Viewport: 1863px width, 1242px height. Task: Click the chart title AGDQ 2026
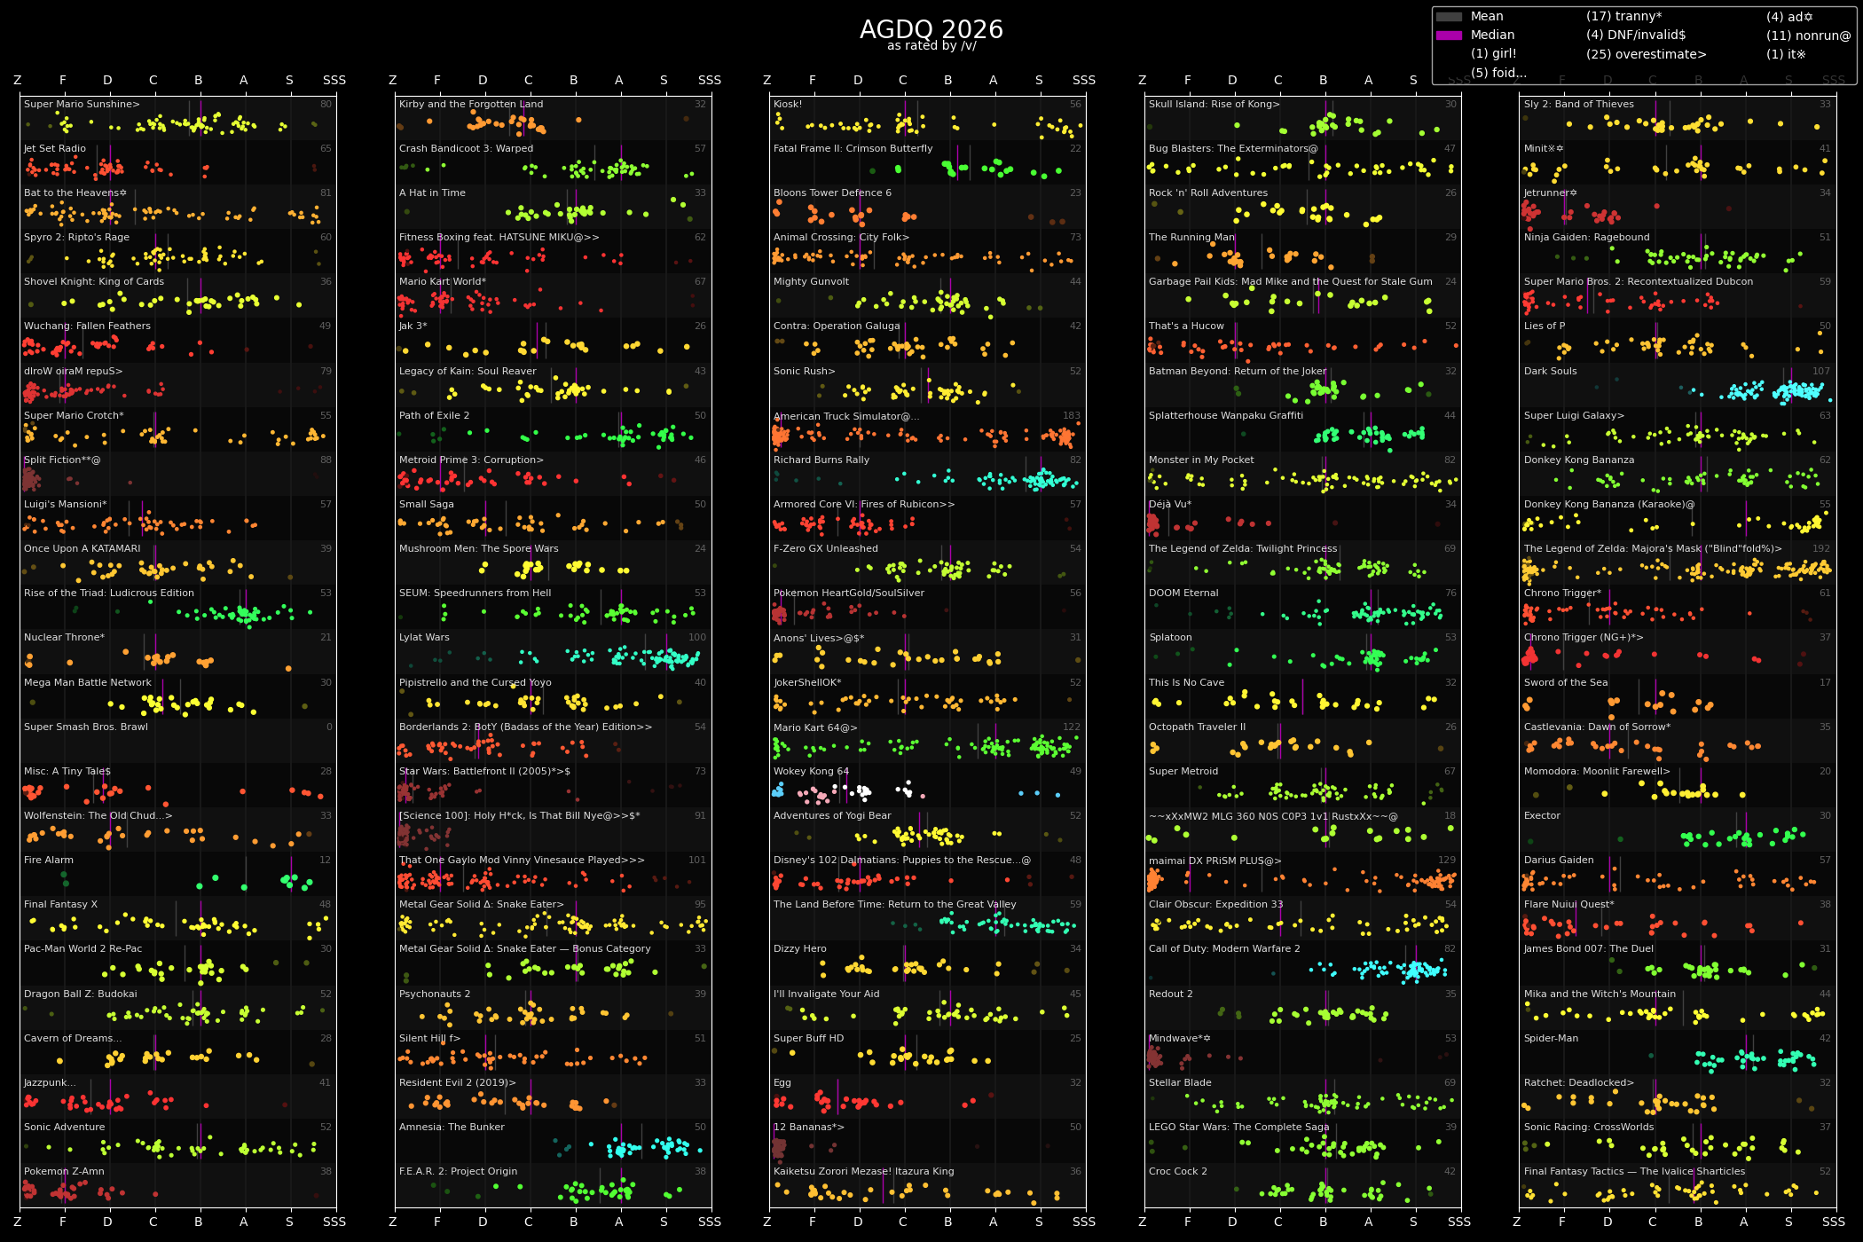931,30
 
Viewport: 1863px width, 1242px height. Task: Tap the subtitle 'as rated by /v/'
931,46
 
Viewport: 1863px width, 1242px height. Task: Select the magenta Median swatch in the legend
1449,35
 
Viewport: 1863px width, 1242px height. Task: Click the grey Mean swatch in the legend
1449,17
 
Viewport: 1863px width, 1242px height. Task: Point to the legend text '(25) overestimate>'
1646,54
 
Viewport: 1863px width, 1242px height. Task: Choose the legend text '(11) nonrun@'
1808,35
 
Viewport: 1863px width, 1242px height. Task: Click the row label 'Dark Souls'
1550,372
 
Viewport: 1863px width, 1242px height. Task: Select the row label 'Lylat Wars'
424,638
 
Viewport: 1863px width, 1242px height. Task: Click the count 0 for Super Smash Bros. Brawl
329,727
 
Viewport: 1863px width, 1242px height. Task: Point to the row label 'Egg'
782,1083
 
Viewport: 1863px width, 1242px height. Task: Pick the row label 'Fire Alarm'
49,861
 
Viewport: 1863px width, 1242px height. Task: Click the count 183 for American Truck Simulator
1072,416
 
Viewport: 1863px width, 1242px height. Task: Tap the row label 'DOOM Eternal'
1183,593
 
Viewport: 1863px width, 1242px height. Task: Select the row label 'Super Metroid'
1183,772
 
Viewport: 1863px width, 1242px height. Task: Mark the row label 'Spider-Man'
1551,1039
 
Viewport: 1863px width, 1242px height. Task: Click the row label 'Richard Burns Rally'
821,460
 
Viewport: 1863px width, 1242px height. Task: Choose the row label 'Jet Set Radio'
55,149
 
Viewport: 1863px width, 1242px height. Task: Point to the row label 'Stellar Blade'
1179,1083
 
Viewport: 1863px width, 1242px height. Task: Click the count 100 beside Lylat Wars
697,638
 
